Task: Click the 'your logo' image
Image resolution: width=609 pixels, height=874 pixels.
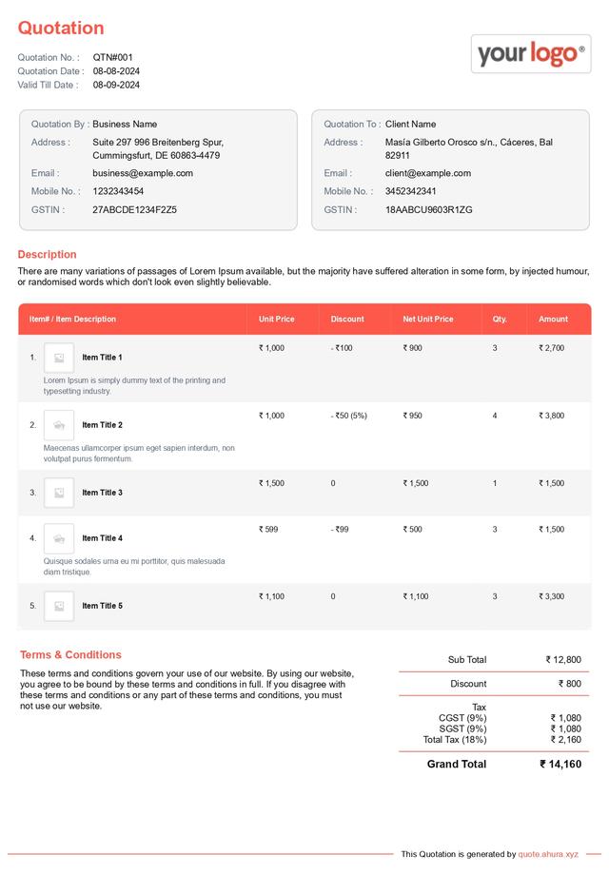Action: pos(530,53)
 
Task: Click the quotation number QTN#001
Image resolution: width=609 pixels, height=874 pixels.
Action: pos(113,58)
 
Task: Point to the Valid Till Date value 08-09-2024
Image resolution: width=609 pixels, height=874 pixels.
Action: pos(116,86)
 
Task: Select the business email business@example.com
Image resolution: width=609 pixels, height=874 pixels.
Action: pos(143,173)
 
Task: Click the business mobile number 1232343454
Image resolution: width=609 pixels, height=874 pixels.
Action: pos(118,191)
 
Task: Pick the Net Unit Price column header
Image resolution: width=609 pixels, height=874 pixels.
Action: pos(427,320)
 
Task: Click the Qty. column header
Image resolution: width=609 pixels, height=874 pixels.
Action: pos(500,320)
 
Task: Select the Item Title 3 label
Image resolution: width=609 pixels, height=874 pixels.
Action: pos(102,493)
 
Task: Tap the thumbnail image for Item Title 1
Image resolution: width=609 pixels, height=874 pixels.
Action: pos(59,358)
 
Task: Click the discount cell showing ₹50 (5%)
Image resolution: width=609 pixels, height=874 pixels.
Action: pos(348,416)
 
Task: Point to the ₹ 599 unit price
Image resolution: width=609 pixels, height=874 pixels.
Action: pos(268,529)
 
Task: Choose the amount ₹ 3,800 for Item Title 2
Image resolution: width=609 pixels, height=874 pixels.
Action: pos(551,416)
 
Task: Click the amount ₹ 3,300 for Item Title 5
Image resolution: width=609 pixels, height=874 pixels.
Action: pos(551,596)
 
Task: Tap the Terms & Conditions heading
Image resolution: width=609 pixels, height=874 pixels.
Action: pos(70,655)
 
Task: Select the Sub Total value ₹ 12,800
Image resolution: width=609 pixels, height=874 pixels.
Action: pos(563,660)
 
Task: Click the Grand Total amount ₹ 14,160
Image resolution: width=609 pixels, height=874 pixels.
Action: pos(560,764)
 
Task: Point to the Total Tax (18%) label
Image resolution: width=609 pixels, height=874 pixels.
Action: pos(455,739)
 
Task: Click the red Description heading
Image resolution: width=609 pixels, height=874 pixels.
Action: pos(47,255)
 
